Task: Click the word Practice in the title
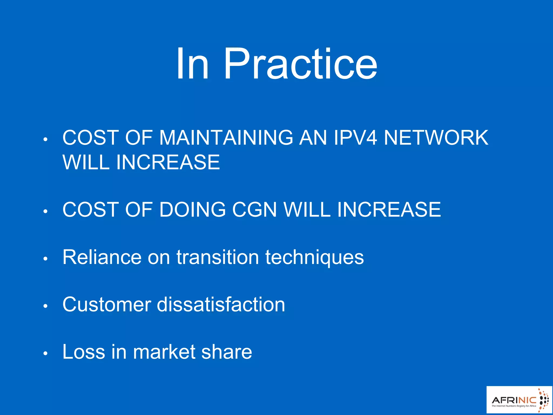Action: [300, 64]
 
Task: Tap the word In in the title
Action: [192, 64]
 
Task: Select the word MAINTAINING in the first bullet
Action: [226, 138]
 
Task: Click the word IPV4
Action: [355, 138]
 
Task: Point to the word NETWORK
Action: [436, 138]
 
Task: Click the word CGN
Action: [254, 209]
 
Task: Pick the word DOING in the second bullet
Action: [192, 209]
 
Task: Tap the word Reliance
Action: [102, 257]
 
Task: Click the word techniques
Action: [314, 257]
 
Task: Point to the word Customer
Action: [107, 304]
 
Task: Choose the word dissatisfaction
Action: [221, 304]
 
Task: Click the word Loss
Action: [84, 352]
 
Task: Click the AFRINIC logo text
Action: [514, 400]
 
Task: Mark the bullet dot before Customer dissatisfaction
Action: [45, 306]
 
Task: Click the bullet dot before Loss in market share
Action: [45, 353]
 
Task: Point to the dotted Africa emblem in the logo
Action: [543, 400]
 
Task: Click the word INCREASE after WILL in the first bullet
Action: [168, 162]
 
